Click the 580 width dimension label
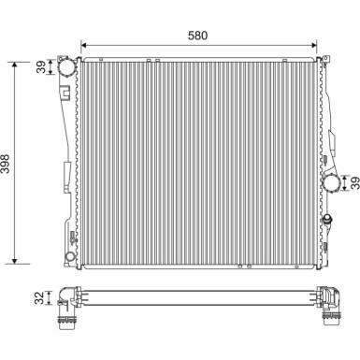pos(197,36)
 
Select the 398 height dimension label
pos(6,164)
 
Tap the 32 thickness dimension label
pos(39,297)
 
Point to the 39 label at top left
pos(41,66)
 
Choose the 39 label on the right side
pos(354,182)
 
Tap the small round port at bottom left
pos(70,256)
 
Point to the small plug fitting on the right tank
pos(328,219)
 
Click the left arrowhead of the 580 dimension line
pos(83,45)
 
